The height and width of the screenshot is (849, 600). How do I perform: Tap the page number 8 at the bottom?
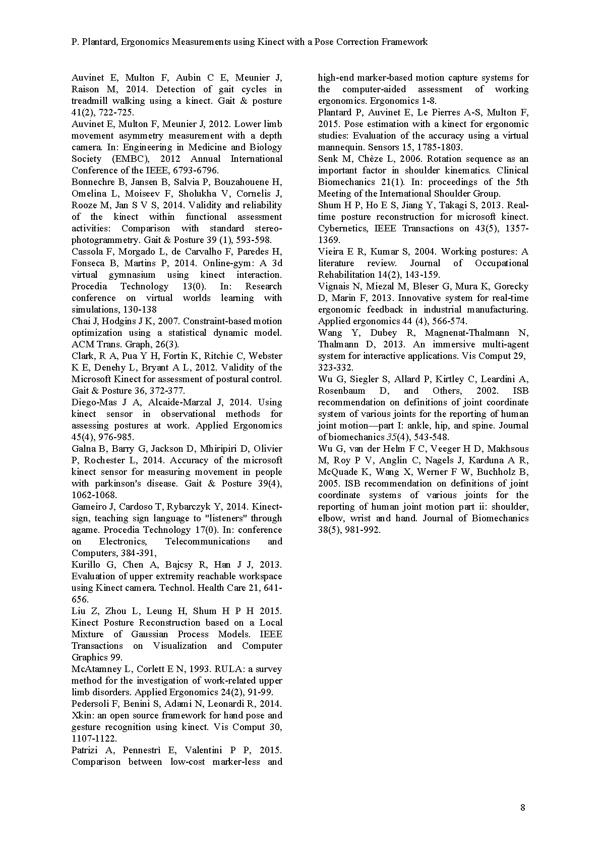click(522, 807)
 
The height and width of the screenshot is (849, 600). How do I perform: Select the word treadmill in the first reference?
click(91, 101)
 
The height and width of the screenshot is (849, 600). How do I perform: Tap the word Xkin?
click(82, 715)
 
